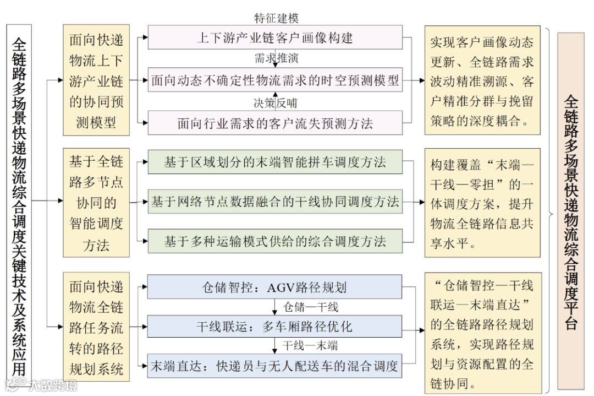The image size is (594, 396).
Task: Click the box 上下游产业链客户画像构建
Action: (x=275, y=37)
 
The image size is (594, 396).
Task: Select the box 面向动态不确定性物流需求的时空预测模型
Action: (x=275, y=80)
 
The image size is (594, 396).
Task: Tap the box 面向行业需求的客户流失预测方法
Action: (x=275, y=122)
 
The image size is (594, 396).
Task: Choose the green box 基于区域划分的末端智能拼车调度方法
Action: (x=275, y=162)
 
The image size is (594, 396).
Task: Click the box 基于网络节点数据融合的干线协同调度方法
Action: (x=275, y=202)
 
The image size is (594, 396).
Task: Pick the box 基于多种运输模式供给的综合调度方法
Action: (x=275, y=241)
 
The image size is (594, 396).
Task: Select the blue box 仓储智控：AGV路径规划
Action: (x=275, y=287)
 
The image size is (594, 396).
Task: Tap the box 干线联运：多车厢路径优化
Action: (x=275, y=327)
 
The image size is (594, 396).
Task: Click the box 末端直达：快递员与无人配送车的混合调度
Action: (x=275, y=366)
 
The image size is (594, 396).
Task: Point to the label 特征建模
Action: (x=276, y=18)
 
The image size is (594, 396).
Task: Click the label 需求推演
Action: (x=276, y=58)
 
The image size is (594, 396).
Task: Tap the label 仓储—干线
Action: (x=310, y=307)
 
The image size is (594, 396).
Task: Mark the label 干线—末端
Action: (x=310, y=346)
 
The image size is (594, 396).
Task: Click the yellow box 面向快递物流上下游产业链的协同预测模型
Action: (x=96, y=80)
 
